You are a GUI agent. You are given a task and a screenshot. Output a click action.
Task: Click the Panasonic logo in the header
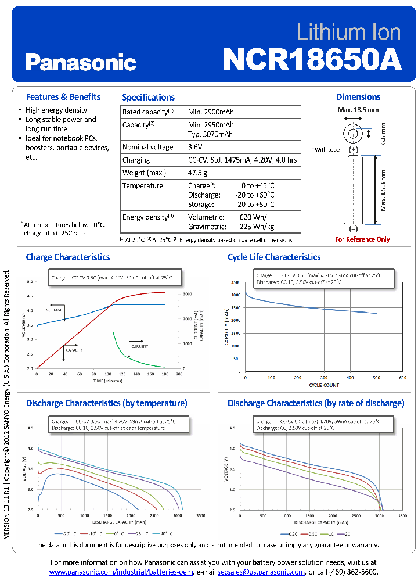pos(81,62)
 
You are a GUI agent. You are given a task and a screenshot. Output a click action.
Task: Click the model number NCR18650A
pos(312,59)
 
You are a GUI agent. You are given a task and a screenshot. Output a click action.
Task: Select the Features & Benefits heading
pos(63,97)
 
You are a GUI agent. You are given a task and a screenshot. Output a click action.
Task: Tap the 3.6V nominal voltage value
pos(196,147)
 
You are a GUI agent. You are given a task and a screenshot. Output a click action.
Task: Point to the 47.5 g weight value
pos(197,173)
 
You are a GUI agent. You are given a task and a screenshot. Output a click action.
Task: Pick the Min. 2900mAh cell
pos(211,112)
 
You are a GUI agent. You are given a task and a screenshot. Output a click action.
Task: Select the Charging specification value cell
pos(242,160)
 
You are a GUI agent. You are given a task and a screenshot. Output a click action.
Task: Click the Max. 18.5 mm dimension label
pos(358,110)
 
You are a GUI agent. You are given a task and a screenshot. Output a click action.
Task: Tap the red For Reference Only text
pos(362,239)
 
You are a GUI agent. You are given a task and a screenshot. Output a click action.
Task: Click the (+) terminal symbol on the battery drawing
pos(353,149)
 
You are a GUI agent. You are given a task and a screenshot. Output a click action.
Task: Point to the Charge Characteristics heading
pos(67,257)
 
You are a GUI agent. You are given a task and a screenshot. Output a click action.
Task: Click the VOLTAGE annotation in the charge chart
pos(54,310)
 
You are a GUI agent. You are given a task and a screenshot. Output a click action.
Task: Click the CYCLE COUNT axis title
pos(324,385)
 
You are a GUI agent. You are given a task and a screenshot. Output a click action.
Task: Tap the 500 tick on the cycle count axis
pos(376,377)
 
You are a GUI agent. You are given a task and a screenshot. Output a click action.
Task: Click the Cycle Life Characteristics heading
pos(273,257)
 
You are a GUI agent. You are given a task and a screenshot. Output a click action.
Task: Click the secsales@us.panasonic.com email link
pos(261,572)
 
